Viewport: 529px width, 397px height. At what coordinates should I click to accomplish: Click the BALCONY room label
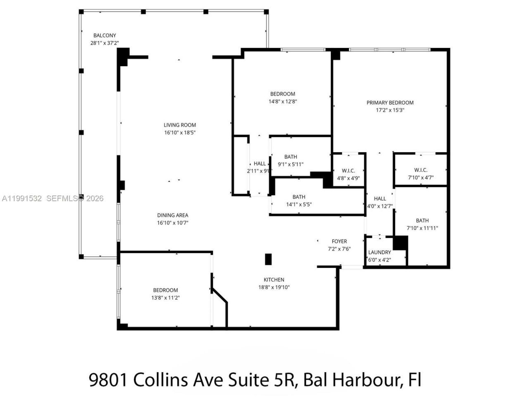point(105,36)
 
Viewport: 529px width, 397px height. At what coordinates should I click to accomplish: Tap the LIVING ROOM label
point(180,125)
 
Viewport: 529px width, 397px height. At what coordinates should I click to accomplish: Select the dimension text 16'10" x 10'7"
point(173,223)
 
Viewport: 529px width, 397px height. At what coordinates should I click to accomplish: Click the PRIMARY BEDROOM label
point(390,103)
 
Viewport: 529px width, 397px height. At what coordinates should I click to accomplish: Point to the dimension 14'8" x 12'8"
point(283,101)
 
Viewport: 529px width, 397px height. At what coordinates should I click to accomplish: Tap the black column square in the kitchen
point(268,259)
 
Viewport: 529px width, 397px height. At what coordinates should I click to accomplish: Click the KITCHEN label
point(274,280)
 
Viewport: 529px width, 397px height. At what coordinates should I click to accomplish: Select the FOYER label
point(339,241)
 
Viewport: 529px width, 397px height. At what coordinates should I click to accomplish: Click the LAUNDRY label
point(379,252)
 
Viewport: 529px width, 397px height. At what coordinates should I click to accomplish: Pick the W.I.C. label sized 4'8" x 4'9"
point(348,170)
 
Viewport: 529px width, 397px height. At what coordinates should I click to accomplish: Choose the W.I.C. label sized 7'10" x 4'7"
point(421,170)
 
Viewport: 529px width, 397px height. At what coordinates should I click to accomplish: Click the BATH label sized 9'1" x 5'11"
point(291,157)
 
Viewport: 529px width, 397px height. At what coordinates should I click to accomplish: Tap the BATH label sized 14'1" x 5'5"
point(299,197)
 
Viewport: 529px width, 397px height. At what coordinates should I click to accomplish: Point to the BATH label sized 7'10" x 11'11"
point(422,220)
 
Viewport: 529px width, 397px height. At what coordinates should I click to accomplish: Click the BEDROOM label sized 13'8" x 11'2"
point(165,290)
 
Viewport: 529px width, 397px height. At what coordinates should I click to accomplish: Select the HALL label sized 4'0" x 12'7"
point(380,198)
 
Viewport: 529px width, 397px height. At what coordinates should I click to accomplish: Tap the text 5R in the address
point(285,379)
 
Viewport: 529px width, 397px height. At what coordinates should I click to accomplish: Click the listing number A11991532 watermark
point(22,198)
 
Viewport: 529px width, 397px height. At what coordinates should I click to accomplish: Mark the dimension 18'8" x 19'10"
point(274,287)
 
